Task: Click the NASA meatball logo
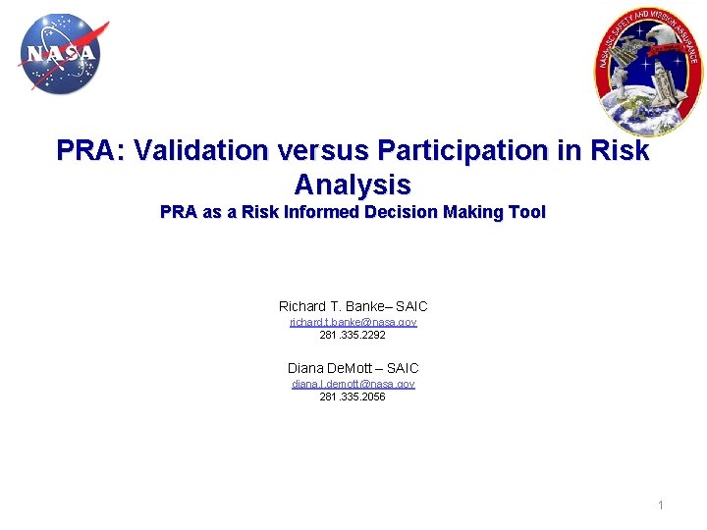[x=60, y=53]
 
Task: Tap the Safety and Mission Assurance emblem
[x=648, y=67]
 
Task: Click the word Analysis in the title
[x=353, y=184]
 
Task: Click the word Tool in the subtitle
[x=525, y=212]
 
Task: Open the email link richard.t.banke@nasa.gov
[x=353, y=322]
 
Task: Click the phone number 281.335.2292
[x=353, y=335]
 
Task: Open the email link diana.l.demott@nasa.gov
[x=353, y=384]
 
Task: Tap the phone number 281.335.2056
[x=353, y=397]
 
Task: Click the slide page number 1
[x=661, y=505]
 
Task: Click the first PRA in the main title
[x=90, y=151]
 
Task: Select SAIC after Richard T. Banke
[x=411, y=306]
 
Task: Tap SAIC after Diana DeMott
[x=403, y=368]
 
